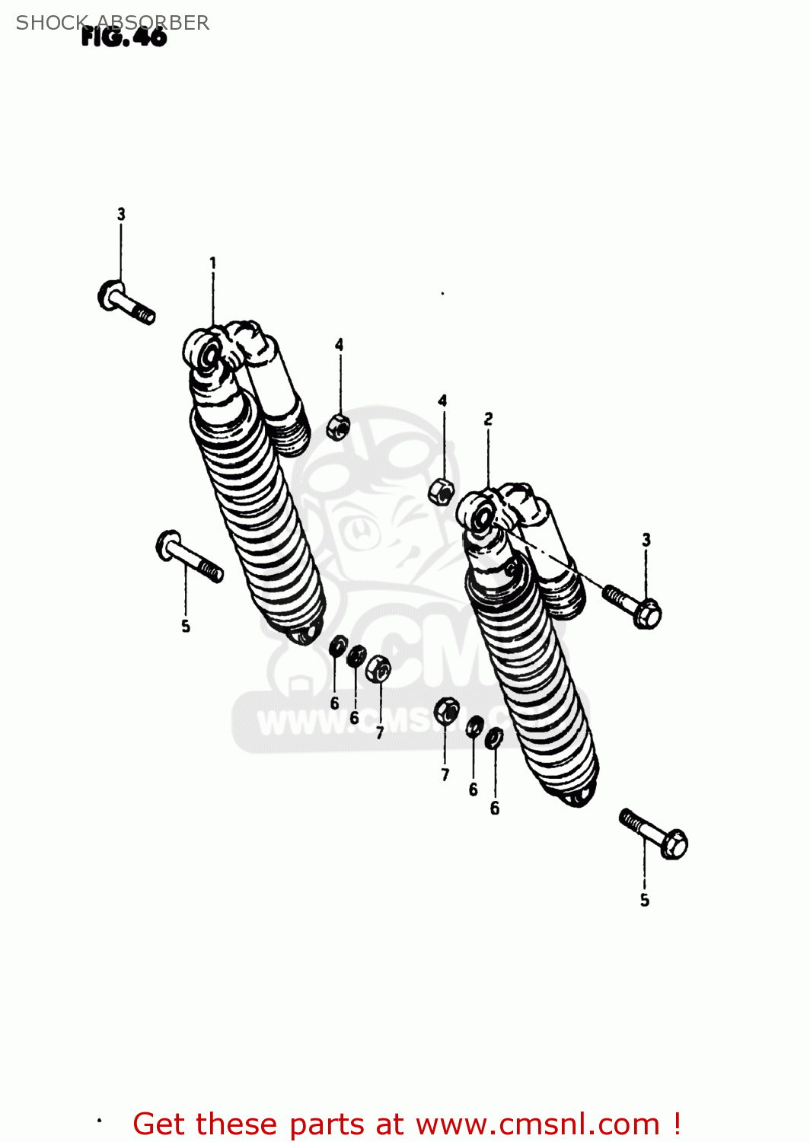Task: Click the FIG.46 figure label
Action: (x=124, y=37)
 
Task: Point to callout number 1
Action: (x=213, y=263)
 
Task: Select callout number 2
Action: (x=488, y=419)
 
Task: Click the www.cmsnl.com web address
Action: (x=537, y=1124)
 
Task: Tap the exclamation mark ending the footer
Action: (x=677, y=1124)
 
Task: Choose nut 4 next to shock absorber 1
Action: (x=338, y=427)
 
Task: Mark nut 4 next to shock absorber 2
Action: (x=442, y=491)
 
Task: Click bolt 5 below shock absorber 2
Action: (x=654, y=834)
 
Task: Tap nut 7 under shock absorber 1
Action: (x=378, y=669)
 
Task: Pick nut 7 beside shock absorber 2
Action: (x=446, y=711)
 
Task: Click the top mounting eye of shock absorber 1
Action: (x=206, y=352)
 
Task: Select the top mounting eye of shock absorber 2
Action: (x=480, y=517)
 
